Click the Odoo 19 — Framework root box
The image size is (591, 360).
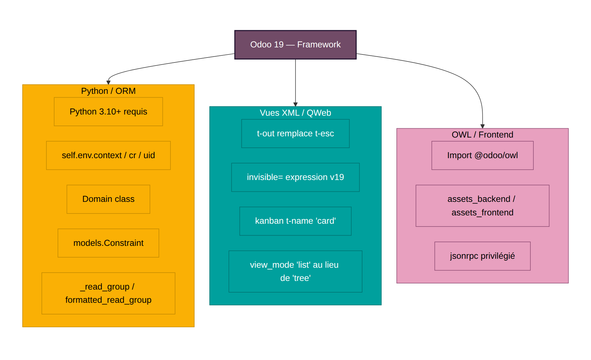pos(295,45)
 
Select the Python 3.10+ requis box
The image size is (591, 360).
pos(108,112)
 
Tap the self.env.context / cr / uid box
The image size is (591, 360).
pos(108,155)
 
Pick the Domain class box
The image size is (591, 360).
pos(108,199)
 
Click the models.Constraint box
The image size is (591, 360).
pos(108,243)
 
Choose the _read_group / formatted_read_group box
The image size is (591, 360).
pos(108,293)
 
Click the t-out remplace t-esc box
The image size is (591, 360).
pos(295,134)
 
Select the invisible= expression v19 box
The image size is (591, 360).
pos(295,177)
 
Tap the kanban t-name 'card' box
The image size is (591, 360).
pos(295,221)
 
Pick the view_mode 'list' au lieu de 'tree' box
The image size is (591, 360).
pos(295,271)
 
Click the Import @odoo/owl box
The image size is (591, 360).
pos(482,155)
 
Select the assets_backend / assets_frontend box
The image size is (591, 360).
pos(482,206)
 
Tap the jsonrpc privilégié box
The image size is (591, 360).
pos(482,256)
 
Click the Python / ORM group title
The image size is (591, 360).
pos(108,91)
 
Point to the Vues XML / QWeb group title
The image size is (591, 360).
pos(295,113)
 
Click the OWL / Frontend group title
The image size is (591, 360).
pos(482,135)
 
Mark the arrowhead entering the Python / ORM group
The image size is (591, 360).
pos(108,82)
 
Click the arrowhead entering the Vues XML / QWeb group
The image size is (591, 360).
pos(295,105)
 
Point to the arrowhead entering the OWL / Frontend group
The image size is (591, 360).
pos(482,126)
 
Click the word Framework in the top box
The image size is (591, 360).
pos(319,45)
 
